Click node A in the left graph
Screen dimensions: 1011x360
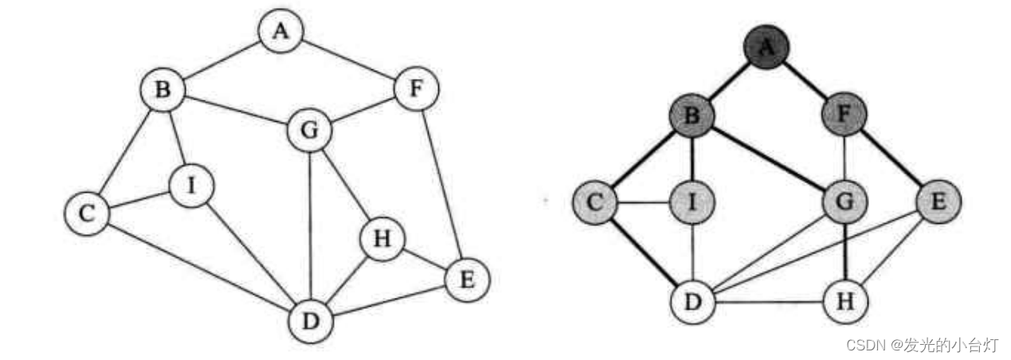pyautogui.click(x=280, y=32)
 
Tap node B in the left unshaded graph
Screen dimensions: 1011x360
pyautogui.click(x=163, y=90)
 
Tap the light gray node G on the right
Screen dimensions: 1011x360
pyautogui.click(x=844, y=202)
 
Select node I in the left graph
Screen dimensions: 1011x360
pyautogui.click(x=190, y=186)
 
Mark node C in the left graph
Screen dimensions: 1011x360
pyautogui.click(x=87, y=213)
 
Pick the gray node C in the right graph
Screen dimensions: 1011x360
pyautogui.click(x=595, y=202)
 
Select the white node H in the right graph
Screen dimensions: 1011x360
pyautogui.click(x=844, y=302)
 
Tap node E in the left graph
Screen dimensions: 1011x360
pyautogui.click(x=467, y=280)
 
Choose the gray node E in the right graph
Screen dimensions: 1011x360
pyautogui.click(x=939, y=202)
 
